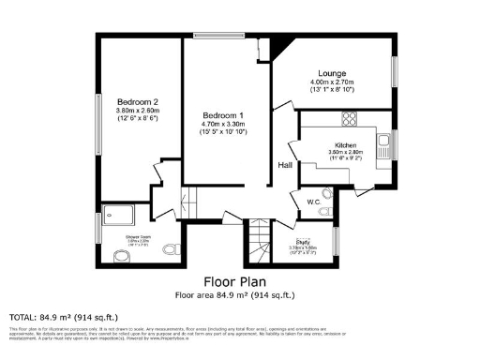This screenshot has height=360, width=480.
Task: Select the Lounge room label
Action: point(332,73)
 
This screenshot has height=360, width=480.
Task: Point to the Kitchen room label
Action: point(343,145)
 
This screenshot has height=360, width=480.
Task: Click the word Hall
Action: point(285,165)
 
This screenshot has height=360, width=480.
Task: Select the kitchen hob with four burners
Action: point(350,119)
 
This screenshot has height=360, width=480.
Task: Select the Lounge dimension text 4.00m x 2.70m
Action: point(332,82)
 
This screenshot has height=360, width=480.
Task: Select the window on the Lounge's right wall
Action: point(394,73)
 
